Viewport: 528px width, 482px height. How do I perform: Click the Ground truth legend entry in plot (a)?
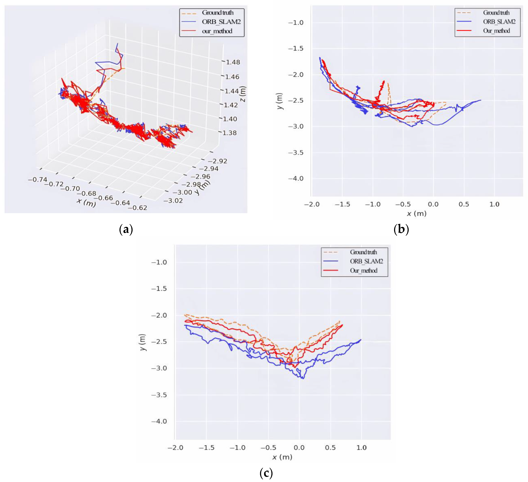point(217,13)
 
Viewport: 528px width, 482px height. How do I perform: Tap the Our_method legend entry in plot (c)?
point(364,270)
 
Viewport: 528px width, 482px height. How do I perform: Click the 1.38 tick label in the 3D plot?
point(229,133)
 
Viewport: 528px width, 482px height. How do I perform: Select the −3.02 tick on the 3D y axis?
point(173,201)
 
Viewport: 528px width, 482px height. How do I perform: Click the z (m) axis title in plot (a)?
point(243,94)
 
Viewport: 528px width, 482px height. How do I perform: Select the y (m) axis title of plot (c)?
point(142,342)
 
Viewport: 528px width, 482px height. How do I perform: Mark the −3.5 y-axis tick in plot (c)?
point(159,395)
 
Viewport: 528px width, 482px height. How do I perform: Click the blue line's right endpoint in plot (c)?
point(361,340)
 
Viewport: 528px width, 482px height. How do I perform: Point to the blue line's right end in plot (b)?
point(481,100)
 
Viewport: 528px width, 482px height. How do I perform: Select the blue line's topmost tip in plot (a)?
point(117,43)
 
